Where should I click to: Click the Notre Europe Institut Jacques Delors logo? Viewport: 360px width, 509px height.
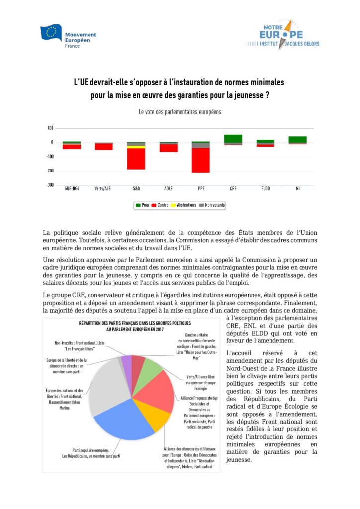click(281, 35)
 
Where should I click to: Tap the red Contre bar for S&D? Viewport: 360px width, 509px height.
click(136, 159)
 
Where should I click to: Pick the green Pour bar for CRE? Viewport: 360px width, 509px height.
click(233, 138)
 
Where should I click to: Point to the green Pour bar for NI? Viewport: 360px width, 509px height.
click(297, 139)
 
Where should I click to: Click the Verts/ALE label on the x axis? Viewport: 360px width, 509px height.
click(104, 189)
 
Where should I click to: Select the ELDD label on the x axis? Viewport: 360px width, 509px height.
click(265, 189)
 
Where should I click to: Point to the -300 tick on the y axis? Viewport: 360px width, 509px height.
click(50, 185)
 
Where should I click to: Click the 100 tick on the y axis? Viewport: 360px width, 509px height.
click(51, 128)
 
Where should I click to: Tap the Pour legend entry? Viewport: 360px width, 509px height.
click(142, 205)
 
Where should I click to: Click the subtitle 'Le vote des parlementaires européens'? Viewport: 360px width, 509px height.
click(180, 112)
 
